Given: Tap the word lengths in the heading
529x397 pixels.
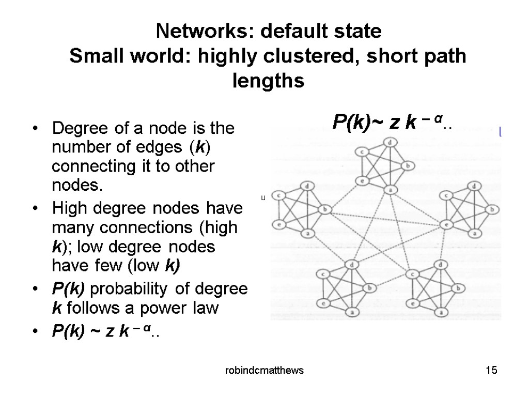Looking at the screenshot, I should [x=268, y=81].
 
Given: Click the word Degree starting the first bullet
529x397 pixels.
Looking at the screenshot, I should [x=72, y=128].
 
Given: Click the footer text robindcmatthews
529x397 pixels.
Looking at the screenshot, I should [x=260, y=371].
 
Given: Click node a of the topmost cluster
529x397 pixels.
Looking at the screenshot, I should [x=391, y=190].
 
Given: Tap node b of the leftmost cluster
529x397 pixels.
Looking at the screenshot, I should [x=325, y=209].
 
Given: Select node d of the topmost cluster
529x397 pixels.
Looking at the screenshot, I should [x=391, y=142].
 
